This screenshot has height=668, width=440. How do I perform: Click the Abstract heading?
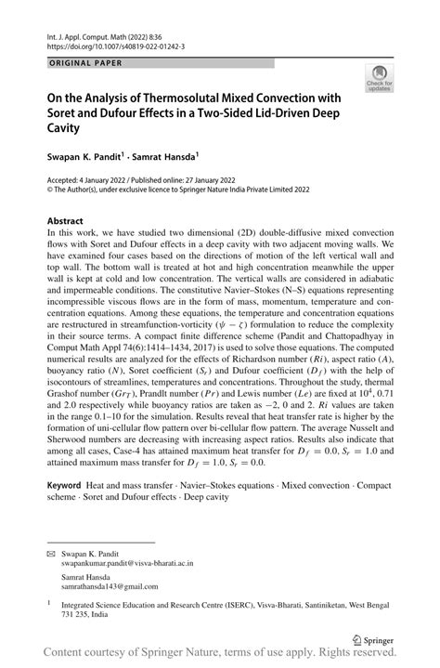click(68, 221)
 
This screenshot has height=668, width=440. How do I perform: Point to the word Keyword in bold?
click(68, 488)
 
